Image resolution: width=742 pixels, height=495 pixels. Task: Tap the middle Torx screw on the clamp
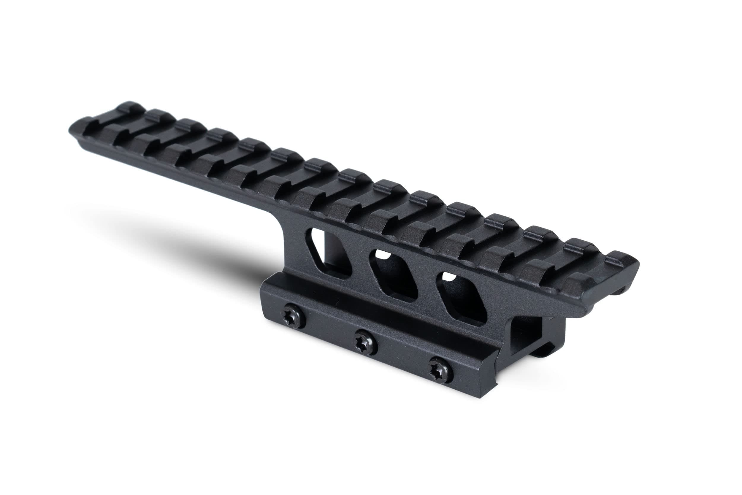[362, 342]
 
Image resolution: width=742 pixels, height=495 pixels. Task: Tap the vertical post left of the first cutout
[298, 249]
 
